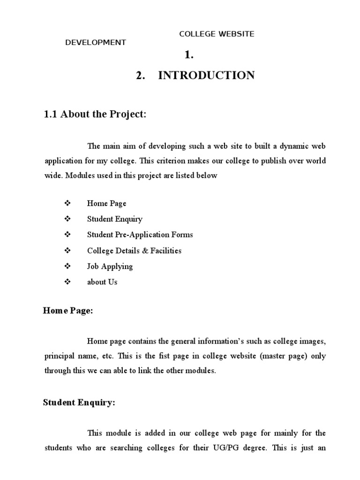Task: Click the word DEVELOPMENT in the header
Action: tap(95, 43)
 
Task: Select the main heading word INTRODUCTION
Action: tap(206, 75)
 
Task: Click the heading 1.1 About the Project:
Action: tap(95, 115)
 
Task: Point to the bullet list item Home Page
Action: tap(107, 203)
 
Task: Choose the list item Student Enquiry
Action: tap(115, 219)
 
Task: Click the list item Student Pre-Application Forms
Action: tap(140, 235)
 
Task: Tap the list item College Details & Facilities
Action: tap(134, 251)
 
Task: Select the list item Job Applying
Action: tap(110, 266)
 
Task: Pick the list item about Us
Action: tap(102, 282)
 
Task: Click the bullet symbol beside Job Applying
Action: tap(67, 266)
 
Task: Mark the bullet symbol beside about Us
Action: tap(67, 282)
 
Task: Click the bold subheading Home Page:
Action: tap(68, 311)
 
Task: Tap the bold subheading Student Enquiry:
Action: tap(79, 403)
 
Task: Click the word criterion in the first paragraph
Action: tap(173, 161)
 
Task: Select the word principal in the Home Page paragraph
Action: tap(60, 356)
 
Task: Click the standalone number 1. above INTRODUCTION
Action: tap(189, 55)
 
